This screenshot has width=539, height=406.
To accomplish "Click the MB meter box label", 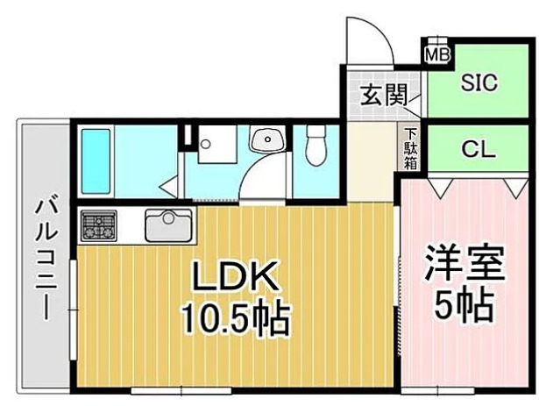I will click(436, 54).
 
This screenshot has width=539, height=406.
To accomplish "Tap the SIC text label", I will click(479, 83).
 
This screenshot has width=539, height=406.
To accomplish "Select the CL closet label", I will click(479, 149).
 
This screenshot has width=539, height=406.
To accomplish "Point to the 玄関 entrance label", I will click(383, 94).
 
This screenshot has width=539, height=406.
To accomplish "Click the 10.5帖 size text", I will click(235, 319).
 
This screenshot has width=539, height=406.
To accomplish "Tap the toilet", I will click(316, 146).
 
